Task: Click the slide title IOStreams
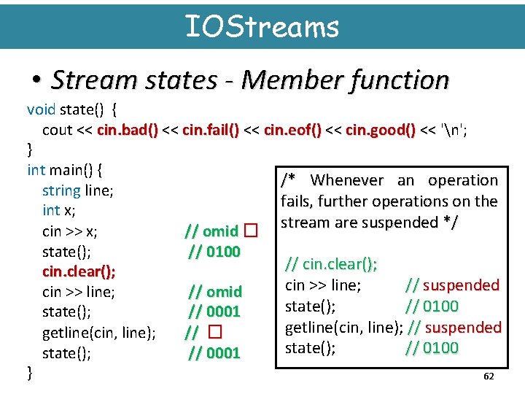[262, 27]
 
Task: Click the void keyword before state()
[41, 109]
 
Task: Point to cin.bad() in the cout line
[128, 130]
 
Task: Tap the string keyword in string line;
[61, 190]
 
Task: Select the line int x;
[59, 210]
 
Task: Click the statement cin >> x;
[70, 231]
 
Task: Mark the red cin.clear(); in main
[79, 271]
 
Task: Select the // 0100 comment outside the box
[214, 252]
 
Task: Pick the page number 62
[489, 376]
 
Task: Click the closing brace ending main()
[29, 374]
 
